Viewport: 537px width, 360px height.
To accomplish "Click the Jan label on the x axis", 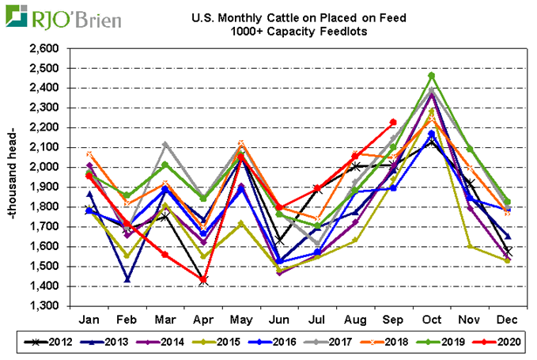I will [92, 318].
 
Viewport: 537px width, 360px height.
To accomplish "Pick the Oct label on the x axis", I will [431, 318].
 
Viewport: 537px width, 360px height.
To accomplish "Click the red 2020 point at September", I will [393, 122].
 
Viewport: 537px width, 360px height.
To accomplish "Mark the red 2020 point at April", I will [204, 280].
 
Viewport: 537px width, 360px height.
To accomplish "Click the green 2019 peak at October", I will [431, 75].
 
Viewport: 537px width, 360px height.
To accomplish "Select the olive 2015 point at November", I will [469, 246].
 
